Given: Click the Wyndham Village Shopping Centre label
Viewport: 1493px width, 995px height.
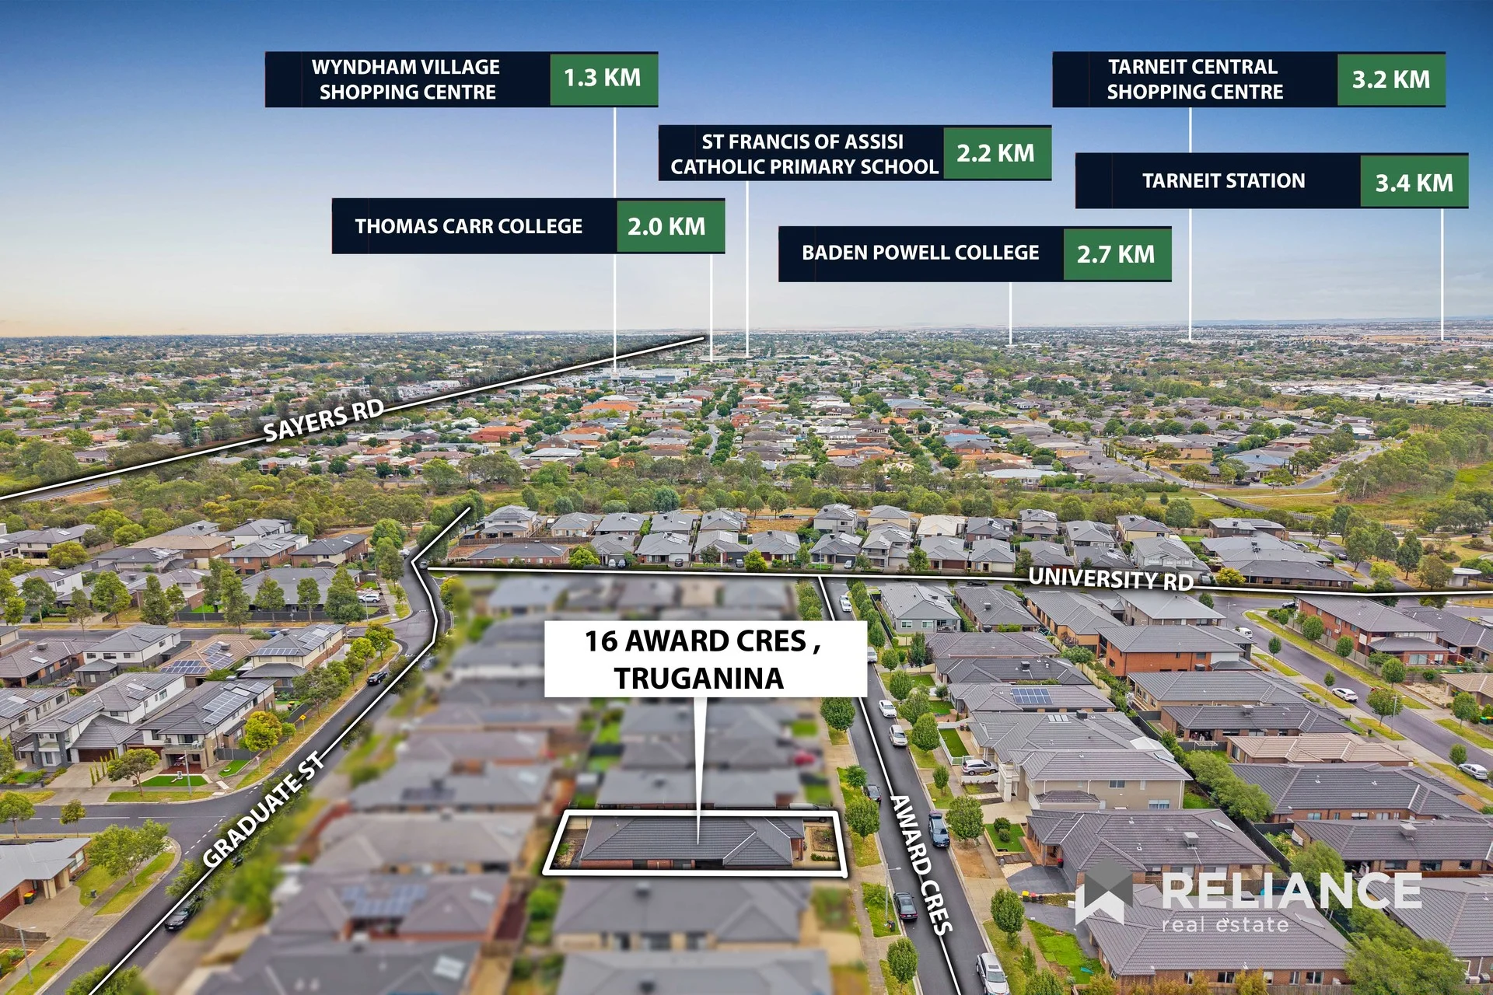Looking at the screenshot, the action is [x=407, y=79].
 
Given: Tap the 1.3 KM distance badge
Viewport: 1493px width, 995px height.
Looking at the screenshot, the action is [x=603, y=79].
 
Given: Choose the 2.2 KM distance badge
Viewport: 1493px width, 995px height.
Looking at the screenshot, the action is [x=997, y=154].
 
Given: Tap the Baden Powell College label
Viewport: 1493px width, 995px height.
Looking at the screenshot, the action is [x=921, y=253].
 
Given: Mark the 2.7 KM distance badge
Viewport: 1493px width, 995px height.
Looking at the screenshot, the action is [x=1117, y=254].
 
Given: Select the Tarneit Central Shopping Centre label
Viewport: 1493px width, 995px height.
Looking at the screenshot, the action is [x=1194, y=79].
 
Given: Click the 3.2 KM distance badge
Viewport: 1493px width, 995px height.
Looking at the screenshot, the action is [x=1391, y=79].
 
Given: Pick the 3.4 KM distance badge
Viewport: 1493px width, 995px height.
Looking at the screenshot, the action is [x=1414, y=182].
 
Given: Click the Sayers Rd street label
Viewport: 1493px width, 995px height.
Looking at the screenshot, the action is [x=323, y=420].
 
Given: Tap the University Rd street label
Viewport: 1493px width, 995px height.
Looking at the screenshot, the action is [x=1110, y=579].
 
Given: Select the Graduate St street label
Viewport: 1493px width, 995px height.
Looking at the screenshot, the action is [x=264, y=809].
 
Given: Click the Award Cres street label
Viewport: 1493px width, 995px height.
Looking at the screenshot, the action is [x=921, y=864].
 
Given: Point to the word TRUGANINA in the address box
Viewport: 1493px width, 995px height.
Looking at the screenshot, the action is [x=699, y=679].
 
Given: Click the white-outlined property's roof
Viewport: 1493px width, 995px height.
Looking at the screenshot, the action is [x=692, y=841].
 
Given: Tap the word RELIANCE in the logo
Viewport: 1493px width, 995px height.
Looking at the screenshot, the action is [x=1292, y=891].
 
